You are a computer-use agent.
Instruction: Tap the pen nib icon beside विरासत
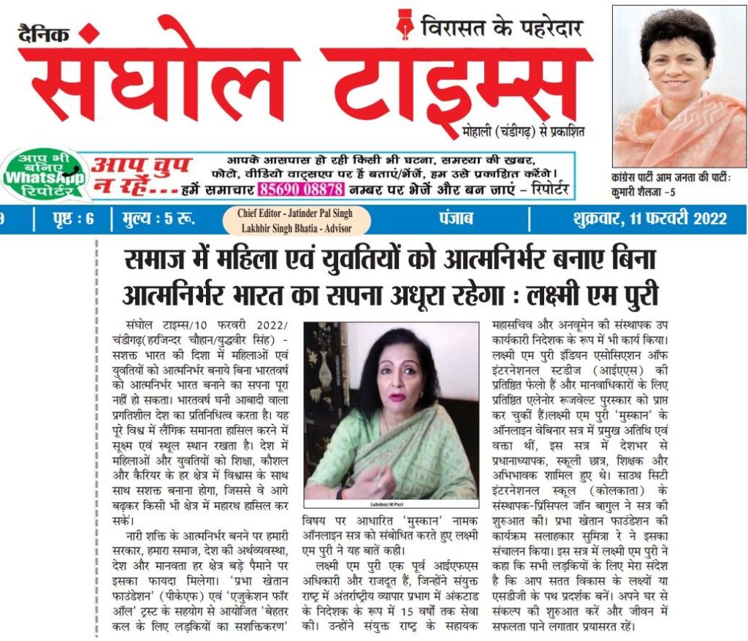pyautogui.click(x=405, y=26)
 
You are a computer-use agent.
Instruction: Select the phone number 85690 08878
pyautogui.click(x=299, y=189)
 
